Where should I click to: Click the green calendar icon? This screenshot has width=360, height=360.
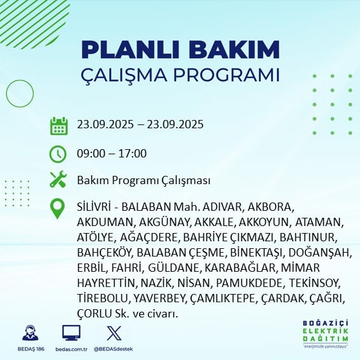click(x=58, y=126)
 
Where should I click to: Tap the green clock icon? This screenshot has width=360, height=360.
click(x=58, y=154)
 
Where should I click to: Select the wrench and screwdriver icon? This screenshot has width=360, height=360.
click(x=58, y=180)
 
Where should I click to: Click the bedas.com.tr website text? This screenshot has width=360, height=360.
click(x=72, y=349)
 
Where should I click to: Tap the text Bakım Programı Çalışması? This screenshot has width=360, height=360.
click(x=143, y=181)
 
